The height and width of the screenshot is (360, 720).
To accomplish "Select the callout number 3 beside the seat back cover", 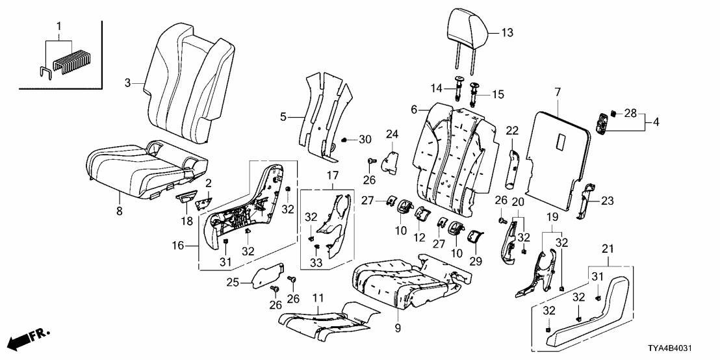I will (128, 83).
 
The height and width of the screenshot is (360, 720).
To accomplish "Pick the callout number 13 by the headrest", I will (507, 32).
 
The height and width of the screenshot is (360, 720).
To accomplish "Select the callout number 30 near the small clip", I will (365, 139).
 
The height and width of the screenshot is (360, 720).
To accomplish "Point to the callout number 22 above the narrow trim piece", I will (512, 131).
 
